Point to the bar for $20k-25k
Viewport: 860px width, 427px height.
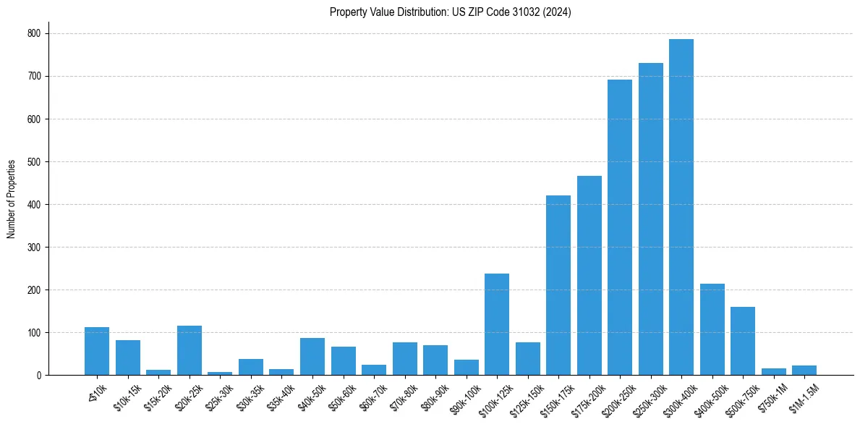point(190,350)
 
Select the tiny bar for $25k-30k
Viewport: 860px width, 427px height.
point(220,373)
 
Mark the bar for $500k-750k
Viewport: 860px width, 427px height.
point(743,341)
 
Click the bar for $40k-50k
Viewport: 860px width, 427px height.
point(312,357)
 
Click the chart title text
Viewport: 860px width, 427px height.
point(450,12)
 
